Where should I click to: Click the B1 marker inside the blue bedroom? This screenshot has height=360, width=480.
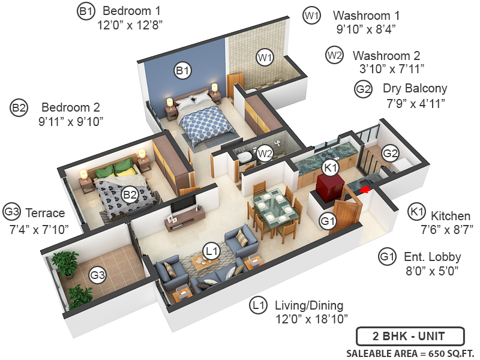[182, 71]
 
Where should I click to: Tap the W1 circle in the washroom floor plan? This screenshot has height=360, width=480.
[265, 58]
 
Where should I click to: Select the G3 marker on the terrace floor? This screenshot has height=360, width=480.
[97, 275]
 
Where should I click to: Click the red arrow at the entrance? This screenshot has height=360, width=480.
[365, 190]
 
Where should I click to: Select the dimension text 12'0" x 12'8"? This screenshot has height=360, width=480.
[130, 25]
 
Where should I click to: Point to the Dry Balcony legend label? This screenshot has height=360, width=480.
[415, 89]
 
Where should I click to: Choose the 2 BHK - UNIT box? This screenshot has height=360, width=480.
[410, 335]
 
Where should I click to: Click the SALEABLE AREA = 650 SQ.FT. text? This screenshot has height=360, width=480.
[410, 352]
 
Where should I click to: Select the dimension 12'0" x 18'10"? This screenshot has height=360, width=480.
[311, 319]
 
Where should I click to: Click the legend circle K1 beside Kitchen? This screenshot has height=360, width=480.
[417, 212]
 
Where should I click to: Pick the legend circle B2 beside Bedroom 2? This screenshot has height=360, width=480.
[19, 109]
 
